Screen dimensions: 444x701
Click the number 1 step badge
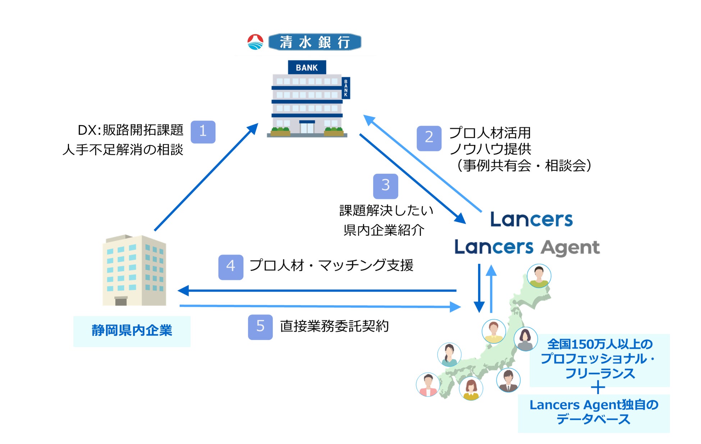point(203,132)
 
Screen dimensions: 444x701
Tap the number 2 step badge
point(429,138)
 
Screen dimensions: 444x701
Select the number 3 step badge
point(385,186)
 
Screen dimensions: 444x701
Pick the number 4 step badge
point(230,267)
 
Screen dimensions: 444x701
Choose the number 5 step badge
point(260,327)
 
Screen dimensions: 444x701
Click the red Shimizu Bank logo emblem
point(255,42)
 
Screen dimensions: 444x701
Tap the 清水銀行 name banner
point(315,42)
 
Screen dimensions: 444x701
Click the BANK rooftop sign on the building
point(307,68)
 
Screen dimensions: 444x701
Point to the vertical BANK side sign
point(346,88)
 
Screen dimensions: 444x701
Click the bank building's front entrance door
point(307,128)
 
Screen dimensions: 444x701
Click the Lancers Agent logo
point(527,248)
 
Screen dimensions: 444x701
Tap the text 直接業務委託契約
point(334,326)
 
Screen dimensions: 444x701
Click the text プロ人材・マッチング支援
point(331,266)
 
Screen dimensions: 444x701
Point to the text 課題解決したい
point(386,211)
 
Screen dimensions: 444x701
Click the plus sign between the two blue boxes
point(598,388)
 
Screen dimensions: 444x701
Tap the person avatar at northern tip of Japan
point(539,276)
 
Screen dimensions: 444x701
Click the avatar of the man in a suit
point(508,380)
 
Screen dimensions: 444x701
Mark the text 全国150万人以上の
point(600,344)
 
